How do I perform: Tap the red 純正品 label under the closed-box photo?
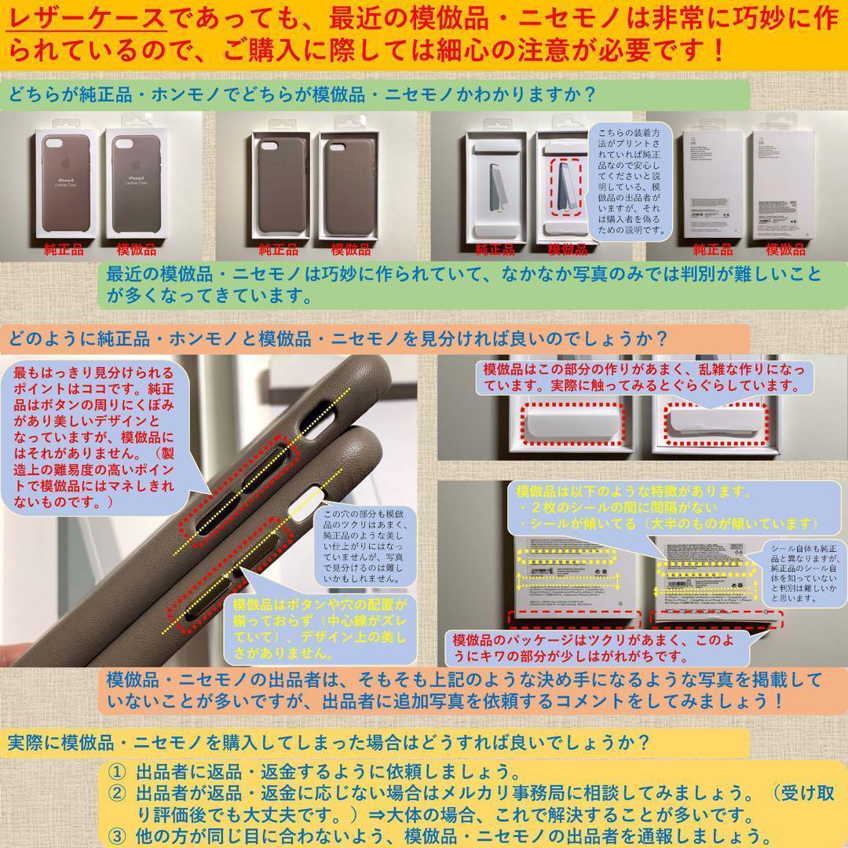64,250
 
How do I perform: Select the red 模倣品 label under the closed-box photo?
136,250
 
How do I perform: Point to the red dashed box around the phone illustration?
565,188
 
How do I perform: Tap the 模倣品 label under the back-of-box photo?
785,250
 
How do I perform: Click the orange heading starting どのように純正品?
338,339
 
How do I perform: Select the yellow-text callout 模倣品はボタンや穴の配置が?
321,628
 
